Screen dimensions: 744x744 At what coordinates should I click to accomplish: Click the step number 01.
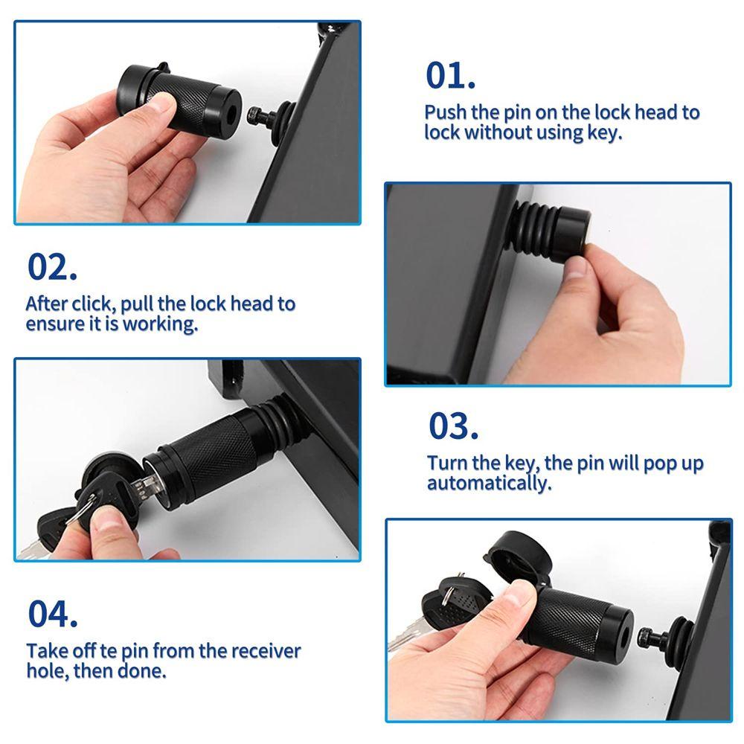(450, 75)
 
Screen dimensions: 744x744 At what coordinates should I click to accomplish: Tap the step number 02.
(52, 267)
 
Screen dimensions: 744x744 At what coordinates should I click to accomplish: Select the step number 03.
(453, 426)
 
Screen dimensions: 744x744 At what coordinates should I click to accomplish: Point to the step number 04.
(53, 614)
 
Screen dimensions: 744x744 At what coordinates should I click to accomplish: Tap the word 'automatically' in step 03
(489, 483)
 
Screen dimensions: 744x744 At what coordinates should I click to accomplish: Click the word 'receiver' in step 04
(266, 651)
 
